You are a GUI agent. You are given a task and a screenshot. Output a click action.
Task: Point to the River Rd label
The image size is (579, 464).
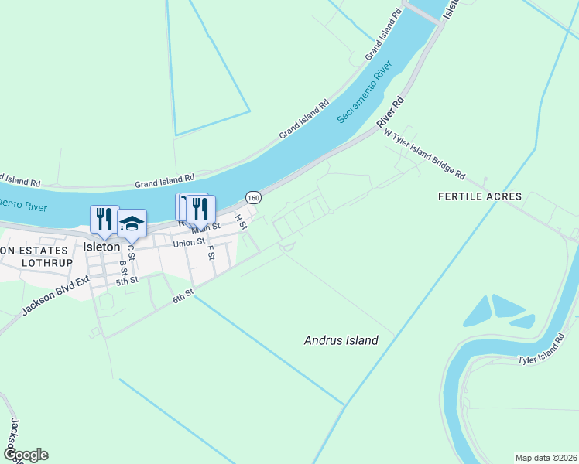tap(391, 113)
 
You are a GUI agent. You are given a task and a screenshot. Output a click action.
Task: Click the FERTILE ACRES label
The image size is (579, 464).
tap(480, 196)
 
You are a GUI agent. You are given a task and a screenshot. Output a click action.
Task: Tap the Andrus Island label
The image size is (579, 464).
tap(341, 340)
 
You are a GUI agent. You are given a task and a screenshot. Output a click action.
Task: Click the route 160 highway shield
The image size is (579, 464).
tap(253, 198)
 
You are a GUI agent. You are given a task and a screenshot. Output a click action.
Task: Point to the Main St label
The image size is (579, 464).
tap(207, 227)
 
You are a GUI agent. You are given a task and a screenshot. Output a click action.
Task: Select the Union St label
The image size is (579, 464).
tap(189, 243)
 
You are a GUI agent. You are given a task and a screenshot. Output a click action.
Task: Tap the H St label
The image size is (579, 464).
tap(242, 223)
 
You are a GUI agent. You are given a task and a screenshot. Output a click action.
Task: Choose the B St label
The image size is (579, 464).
tap(122, 267)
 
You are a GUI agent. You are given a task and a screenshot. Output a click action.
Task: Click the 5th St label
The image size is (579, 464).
tap(126, 281)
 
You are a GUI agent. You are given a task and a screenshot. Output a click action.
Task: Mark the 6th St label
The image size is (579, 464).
tap(183, 296)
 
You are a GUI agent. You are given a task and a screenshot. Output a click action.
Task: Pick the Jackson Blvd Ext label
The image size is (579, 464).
tap(56, 295)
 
